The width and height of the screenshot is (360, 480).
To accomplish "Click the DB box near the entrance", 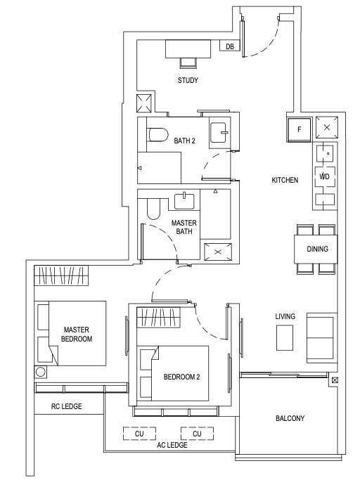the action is tap(229, 46).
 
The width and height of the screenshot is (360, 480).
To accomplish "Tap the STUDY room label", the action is tap(188, 80).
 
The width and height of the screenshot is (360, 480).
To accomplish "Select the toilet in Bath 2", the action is tap(157, 135).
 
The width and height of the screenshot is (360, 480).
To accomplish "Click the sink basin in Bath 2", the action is tap(219, 132).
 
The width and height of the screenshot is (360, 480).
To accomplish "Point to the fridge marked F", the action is tap(299, 130).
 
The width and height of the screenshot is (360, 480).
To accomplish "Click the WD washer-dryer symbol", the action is tap(325, 176).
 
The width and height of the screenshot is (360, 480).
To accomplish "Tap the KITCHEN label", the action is tap(285, 180).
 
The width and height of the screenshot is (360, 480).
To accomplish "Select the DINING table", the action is tap(316, 249).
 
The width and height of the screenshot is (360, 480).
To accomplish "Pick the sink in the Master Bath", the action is tap(184, 201).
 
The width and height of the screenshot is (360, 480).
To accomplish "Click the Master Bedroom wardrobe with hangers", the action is tap(61, 275).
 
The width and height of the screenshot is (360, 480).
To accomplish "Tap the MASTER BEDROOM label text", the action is tap(77, 335).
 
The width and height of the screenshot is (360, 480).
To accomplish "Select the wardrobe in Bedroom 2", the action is tap(158, 317).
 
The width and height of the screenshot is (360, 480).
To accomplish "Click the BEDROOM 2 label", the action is tap(181, 377).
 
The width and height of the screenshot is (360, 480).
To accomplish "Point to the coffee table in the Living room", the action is tap(285, 337).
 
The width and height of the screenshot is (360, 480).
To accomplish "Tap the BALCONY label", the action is tap(290, 418).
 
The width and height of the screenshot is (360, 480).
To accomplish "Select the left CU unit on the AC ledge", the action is tap(139, 434).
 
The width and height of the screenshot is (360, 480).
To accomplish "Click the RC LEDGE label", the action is tap(67, 406).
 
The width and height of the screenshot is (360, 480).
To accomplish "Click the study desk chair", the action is tap(188, 63).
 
